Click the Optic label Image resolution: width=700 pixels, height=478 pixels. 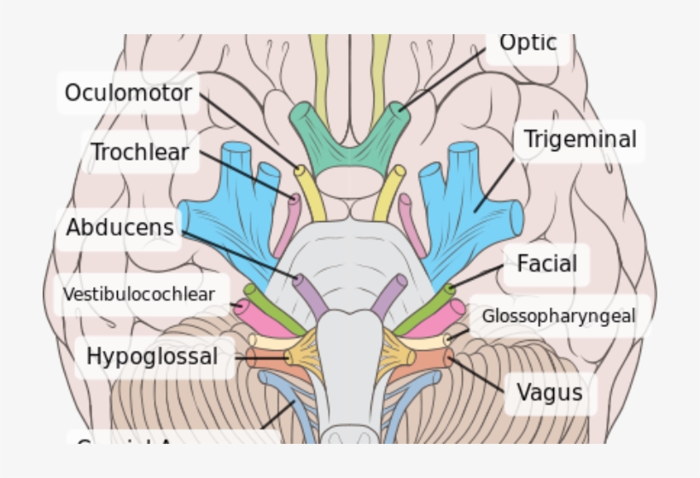(528, 43)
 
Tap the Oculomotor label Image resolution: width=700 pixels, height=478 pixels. (128, 92)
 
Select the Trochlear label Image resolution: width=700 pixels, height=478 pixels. (141, 153)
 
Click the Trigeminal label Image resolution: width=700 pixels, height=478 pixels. (580, 139)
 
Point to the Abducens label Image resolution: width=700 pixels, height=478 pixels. (120, 228)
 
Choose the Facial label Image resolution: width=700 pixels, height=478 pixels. (547, 264)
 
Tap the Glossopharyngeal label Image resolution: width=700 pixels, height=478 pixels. (558, 316)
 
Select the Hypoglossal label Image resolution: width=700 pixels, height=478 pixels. (152, 356)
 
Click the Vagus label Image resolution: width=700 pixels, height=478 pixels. (550, 393)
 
